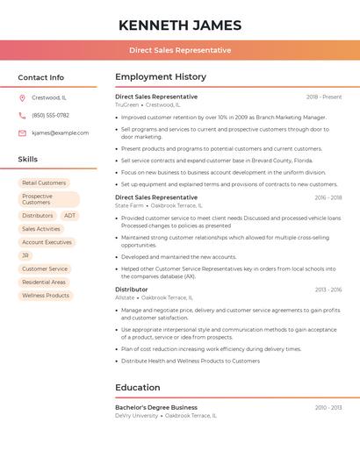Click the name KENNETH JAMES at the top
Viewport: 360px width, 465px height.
point(180,25)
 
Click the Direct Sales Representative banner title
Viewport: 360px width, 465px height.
point(180,50)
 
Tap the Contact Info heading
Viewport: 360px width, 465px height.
point(41,77)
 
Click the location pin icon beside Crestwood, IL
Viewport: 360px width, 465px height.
point(22,97)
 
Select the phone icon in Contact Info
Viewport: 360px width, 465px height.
point(22,115)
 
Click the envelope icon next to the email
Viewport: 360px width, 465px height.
point(22,132)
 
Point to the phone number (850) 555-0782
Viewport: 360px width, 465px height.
point(50,115)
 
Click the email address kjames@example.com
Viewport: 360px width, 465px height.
point(60,132)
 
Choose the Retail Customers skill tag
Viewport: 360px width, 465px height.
point(44,182)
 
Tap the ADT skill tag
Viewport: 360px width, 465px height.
point(69,215)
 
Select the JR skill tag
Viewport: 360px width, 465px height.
point(25,255)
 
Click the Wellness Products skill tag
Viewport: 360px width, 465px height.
point(46,296)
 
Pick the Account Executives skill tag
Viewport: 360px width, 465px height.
point(47,242)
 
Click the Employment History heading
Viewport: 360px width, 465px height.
point(161,77)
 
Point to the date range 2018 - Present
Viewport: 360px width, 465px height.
point(324,97)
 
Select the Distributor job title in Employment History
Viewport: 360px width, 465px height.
point(132,290)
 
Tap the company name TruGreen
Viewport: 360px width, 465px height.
point(126,104)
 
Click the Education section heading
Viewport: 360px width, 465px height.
point(137,388)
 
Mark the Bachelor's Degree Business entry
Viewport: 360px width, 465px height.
point(156,407)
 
